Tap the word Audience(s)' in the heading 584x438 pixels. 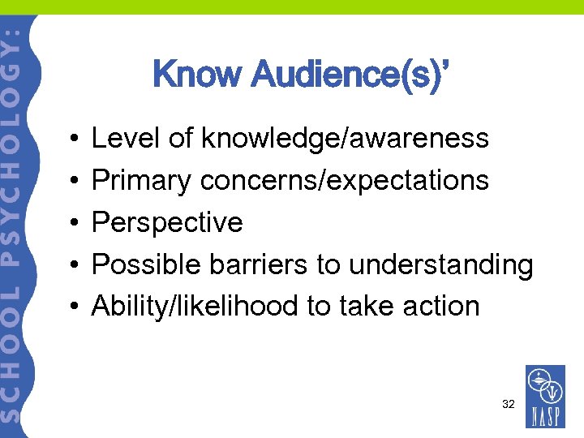coord(349,75)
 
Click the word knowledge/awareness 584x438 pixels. coord(345,138)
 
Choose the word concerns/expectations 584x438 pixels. coord(345,180)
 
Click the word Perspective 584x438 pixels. coord(167,222)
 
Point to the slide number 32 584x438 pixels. coord(509,403)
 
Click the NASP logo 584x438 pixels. coord(545,397)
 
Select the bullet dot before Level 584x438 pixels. coord(74,139)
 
